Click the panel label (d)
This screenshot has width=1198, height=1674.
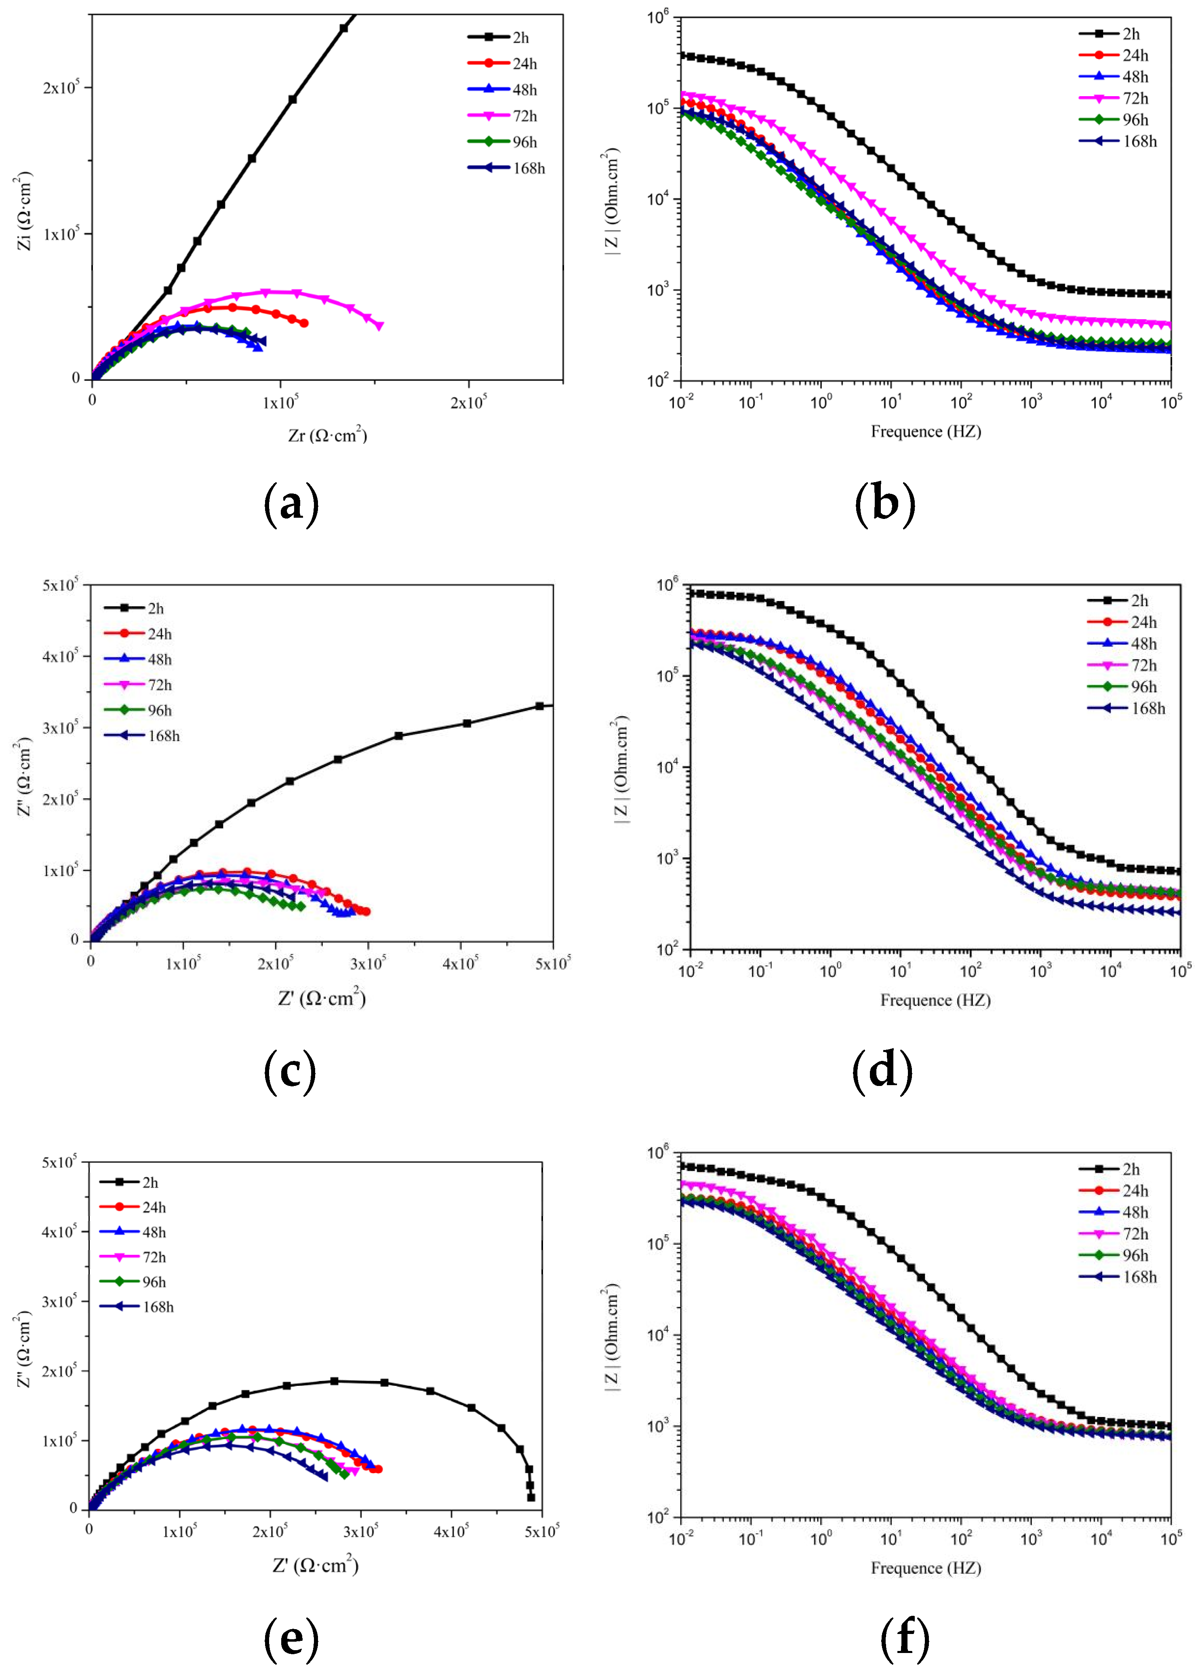(x=882, y=1072)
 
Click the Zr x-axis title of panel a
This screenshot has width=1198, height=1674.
(x=328, y=435)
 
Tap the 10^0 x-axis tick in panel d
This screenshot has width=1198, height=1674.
(x=830, y=971)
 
